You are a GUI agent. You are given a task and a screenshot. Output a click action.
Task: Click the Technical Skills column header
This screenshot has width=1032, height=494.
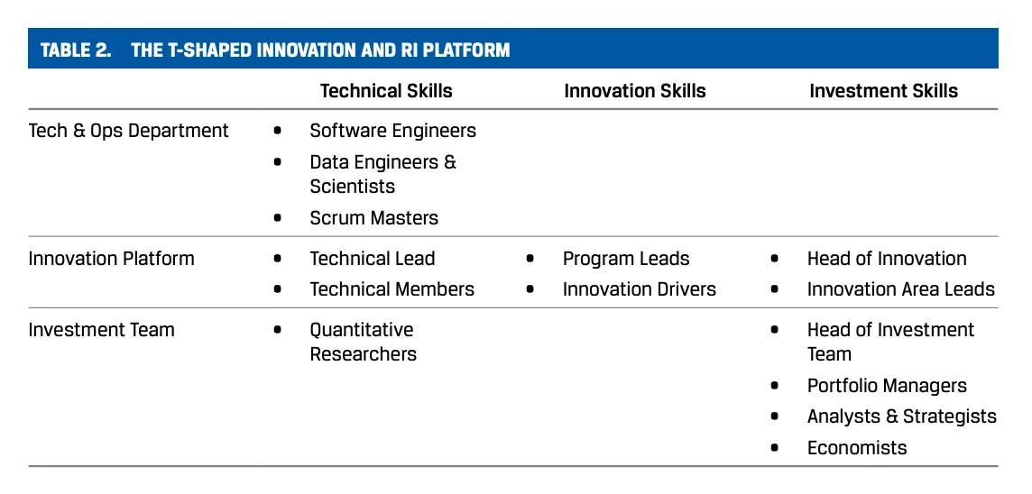point(386,91)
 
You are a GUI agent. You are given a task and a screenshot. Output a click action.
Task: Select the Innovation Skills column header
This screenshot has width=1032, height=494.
point(635,91)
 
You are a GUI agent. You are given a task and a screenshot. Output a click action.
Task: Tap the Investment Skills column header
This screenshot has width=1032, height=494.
point(884,91)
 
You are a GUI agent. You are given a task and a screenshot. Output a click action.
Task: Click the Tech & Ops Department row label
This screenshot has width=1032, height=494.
point(128,131)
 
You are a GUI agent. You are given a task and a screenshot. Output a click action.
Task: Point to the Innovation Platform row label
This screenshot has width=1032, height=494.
point(111,259)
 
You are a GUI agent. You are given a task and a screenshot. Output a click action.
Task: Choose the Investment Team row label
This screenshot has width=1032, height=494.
point(101,330)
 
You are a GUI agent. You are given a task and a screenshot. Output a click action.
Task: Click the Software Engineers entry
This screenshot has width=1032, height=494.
point(393,131)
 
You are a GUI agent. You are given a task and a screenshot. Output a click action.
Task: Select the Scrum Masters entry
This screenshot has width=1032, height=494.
point(373,218)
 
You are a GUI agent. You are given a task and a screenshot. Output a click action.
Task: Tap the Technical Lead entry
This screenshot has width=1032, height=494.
point(373,259)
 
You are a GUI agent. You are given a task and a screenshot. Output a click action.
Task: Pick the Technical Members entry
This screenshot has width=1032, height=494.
point(392,289)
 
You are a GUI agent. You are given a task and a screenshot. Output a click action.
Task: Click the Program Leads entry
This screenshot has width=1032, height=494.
point(626,259)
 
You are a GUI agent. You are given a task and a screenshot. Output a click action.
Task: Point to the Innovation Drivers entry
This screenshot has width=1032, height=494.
point(639,289)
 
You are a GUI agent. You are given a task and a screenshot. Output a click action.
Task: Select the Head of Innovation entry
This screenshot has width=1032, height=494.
point(887,259)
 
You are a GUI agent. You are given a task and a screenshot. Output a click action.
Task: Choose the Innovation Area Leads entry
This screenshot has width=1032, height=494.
point(901,289)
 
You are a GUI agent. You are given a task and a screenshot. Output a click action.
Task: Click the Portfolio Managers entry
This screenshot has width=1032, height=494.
point(887,386)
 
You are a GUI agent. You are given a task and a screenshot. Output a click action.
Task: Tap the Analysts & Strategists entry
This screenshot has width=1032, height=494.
point(902,416)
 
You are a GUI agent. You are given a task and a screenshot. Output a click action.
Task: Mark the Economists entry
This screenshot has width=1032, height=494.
point(857,448)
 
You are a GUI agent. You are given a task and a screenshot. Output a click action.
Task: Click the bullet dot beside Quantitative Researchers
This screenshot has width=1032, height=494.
point(277,330)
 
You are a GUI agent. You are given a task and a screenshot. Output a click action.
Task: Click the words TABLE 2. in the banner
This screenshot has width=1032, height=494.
point(76,50)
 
